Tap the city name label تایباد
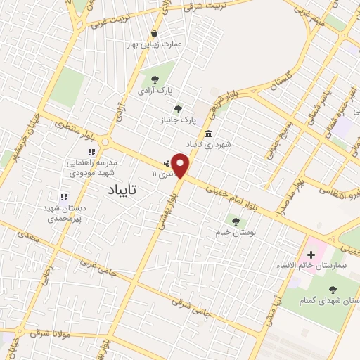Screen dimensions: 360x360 pyautogui.click(x=123, y=190)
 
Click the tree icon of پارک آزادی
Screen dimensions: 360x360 pyautogui.click(x=154, y=79)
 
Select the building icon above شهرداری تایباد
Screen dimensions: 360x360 pyautogui.click(x=208, y=134)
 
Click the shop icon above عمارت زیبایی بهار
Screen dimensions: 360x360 pyautogui.click(x=154, y=33)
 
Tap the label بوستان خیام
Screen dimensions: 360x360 pyautogui.click(x=236, y=232)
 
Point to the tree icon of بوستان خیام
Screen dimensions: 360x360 pyautogui.click(x=235, y=221)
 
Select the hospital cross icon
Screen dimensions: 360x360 pyautogui.click(x=311, y=253)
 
